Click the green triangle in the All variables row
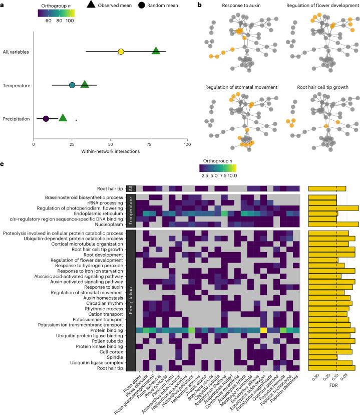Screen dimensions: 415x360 click(x=156, y=51)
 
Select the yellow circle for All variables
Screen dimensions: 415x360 click(x=121, y=52)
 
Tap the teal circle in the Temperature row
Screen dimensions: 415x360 click(x=72, y=85)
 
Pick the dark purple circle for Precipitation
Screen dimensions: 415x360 click(x=46, y=119)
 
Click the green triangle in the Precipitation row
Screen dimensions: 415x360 click(x=63, y=118)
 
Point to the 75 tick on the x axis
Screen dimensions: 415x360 click(x=149, y=145)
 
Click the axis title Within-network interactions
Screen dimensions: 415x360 click(x=110, y=152)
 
